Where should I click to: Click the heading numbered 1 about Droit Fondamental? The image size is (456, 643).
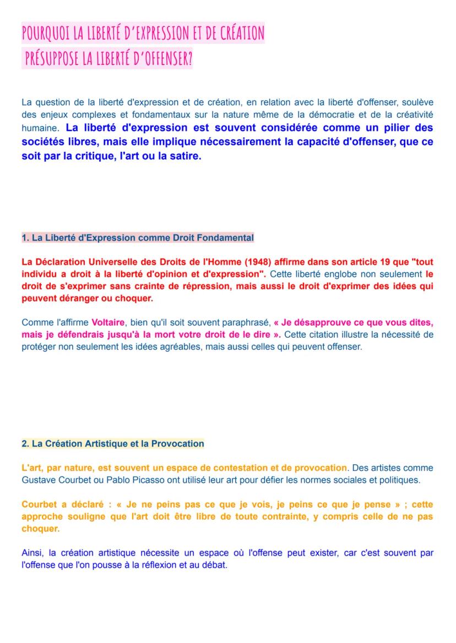coord(138,238)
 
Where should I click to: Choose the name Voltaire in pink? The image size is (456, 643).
coord(108,322)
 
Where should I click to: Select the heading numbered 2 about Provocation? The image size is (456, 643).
coord(112,443)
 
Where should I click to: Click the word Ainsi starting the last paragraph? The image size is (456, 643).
coord(32,553)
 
